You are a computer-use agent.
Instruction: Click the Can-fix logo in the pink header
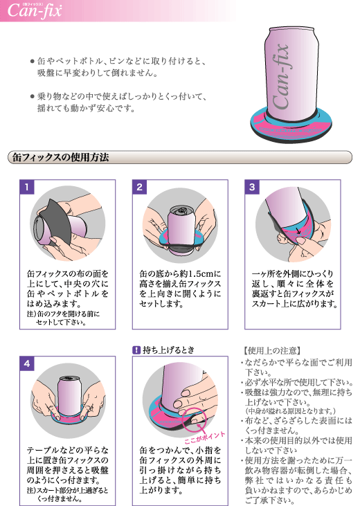(x=34, y=10)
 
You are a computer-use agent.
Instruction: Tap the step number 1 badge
(x=27, y=187)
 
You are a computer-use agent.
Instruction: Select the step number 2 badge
(x=139, y=187)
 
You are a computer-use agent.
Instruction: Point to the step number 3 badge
(x=252, y=187)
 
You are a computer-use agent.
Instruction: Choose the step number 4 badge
(x=27, y=363)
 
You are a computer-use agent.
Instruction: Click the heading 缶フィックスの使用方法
(x=60, y=158)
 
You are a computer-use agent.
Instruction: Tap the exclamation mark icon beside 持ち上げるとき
(x=136, y=350)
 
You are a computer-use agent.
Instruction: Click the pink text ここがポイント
(x=204, y=438)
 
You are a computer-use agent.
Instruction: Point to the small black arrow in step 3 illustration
(x=298, y=231)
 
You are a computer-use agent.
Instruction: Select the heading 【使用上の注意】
(x=272, y=350)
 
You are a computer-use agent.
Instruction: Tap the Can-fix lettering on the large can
(x=280, y=77)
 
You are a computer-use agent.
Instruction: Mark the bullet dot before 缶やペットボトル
(x=32, y=61)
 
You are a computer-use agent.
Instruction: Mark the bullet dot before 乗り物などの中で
(x=32, y=96)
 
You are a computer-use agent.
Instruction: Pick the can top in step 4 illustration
(x=69, y=378)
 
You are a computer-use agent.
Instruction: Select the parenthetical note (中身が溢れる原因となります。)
(x=291, y=411)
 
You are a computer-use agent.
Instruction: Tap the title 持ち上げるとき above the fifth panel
(x=168, y=350)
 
